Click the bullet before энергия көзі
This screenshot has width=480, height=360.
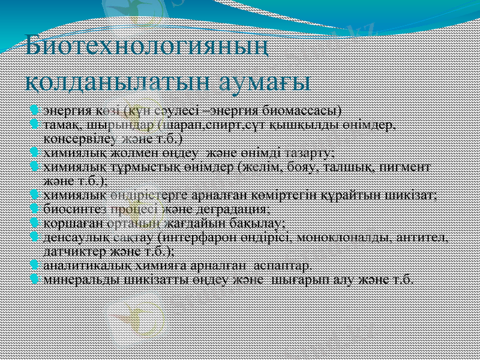pos(35,110)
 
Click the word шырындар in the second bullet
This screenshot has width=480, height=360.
pos(125,125)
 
